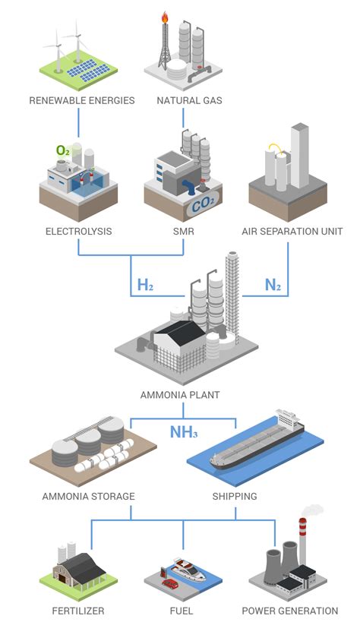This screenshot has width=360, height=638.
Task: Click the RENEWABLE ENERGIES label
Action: click(82, 100)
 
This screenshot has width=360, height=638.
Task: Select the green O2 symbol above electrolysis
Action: click(63, 150)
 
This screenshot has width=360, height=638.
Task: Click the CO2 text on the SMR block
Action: click(202, 204)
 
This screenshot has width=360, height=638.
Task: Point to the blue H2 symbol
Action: click(145, 286)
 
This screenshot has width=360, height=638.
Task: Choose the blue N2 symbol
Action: click(273, 286)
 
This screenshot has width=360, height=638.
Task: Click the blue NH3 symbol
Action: click(184, 434)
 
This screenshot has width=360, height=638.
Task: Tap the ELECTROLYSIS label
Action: click(78, 231)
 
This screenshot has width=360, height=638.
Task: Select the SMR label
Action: click(185, 231)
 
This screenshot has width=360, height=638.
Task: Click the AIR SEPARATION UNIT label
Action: click(292, 231)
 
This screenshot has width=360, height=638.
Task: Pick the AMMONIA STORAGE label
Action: click(89, 496)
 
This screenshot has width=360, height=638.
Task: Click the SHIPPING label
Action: click(235, 496)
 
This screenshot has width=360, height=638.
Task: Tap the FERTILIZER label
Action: click(78, 611)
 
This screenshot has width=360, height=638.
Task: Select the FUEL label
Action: click(182, 611)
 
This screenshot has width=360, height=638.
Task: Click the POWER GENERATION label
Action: click(289, 611)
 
